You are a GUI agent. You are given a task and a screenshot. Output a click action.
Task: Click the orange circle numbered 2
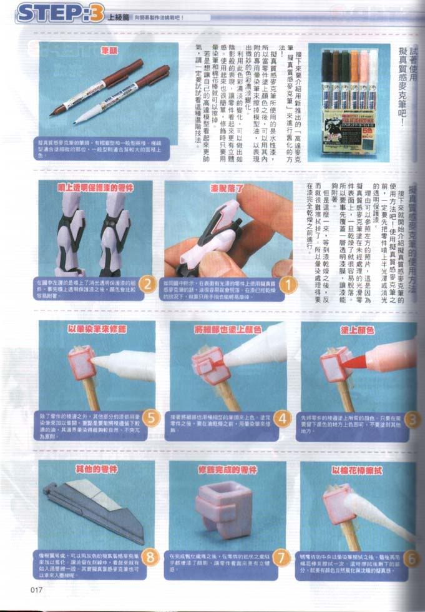pyautogui.click(x=147, y=284)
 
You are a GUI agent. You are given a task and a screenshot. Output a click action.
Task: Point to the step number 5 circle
pyautogui.click(x=150, y=417)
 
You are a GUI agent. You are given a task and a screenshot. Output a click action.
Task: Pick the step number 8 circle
pyautogui.click(x=150, y=556)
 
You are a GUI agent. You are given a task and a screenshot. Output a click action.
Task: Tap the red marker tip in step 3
pyautogui.click(x=353, y=362)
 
